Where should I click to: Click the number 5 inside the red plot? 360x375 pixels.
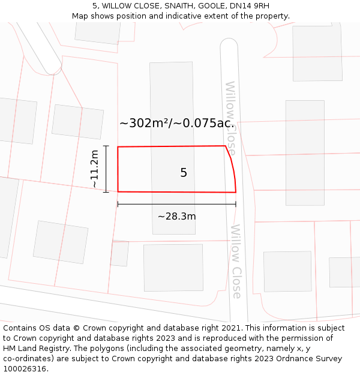pyautogui.click(x=184, y=173)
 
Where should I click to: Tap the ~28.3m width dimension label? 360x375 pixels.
pyautogui.click(x=177, y=216)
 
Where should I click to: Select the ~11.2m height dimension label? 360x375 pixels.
pyautogui.click(x=95, y=169)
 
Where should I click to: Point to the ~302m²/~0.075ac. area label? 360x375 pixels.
pyautogui.click(x=176, y=123)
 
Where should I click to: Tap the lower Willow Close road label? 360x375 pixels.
pyautogui.click(x=236, y=262)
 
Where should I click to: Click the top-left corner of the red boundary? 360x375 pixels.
pyautogui.click(x=118, y=147)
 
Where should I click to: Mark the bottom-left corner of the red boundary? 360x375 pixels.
pyautogui.click(x=118, y=191)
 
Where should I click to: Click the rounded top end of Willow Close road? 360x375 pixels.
pyautogui.click(x=229, y=44)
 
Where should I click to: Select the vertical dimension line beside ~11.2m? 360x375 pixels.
pyautogui.click(x=106, y=169)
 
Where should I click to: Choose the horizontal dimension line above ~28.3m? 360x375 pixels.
pyautogui.click(x=176, y=204)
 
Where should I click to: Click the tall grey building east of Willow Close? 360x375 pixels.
pyautogui.click(x=305, y=152)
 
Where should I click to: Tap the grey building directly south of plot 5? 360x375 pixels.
pyautogui.click(x=173, y=268)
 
